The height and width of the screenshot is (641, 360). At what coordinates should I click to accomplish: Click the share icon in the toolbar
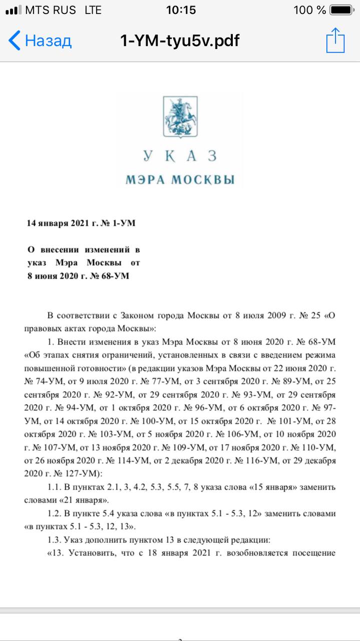[335, 40]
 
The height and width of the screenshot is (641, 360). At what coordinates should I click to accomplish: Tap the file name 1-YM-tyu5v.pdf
[180, 41]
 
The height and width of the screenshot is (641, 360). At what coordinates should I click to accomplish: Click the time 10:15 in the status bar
[180, 10]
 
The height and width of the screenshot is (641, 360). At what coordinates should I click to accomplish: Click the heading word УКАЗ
[180, 156]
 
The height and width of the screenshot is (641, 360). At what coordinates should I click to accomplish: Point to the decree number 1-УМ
[122, 223]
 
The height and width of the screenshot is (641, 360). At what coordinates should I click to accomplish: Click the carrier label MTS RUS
[50, 10]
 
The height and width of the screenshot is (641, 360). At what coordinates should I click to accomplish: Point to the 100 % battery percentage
[310, 10]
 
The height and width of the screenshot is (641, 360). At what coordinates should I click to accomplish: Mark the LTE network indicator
[93, 10]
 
